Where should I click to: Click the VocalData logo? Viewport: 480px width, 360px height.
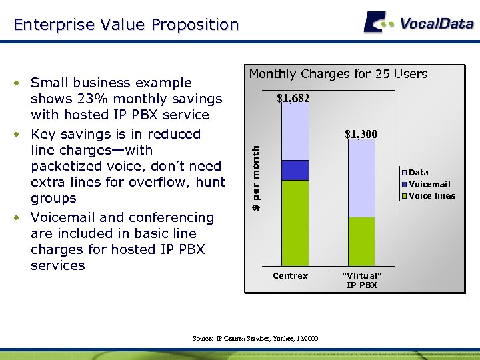click(418, 23)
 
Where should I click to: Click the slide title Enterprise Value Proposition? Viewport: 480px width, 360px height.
click(126, 25)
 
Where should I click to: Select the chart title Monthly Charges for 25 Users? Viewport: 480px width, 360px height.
click(338, 74)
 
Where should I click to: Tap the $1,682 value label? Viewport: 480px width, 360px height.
click(293, 99)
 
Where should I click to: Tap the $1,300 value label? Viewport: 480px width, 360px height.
click(361, 134)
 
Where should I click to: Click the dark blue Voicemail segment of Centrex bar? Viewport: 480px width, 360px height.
click(295, 170)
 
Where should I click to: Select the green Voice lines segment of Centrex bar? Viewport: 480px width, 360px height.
click(295, 223)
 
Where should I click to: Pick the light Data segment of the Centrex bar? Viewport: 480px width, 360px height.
click(295, 132)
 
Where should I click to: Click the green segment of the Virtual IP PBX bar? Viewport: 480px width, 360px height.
click(362, 241)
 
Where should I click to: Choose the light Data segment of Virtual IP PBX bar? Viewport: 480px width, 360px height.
click(362, 179)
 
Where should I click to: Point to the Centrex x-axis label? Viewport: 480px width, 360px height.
click(291, 276)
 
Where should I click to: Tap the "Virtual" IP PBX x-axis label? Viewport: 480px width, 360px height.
click(362, 280)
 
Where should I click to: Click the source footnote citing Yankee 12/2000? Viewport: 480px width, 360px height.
click(255, 339)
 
